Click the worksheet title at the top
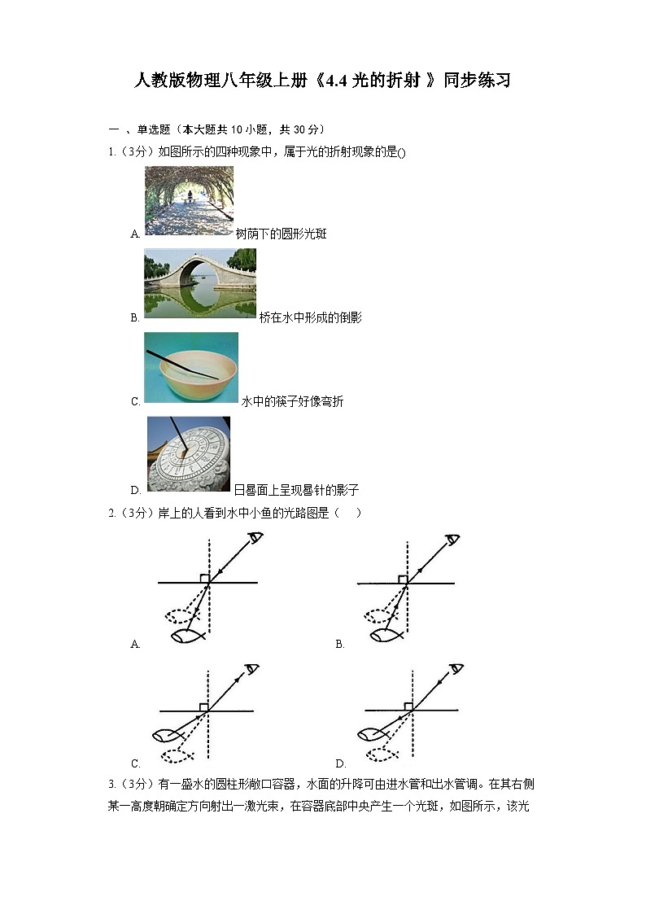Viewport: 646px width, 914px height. pyautogui.click(x=322, y=81)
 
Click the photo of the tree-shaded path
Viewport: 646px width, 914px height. pyautogui.click(x=189, y=200)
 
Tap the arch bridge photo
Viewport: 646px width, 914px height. pyautogui.click(x=200, y=283)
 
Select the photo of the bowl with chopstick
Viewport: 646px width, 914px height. pyautogui.click(x=191, y=368)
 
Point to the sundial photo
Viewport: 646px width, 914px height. pyautogui.click(x=189, y=454)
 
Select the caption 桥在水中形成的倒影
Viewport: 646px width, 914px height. pyautogui.click(x=310, y=318)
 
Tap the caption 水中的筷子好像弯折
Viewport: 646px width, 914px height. pyautogui.click(x=292, y=402)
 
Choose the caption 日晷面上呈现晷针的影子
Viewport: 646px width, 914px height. pyautogui.click(x=296, y=491)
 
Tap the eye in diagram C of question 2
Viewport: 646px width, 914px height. pyautogui.click(x=252, y=669)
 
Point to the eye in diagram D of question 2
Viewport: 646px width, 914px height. pyautogui.click(x=456, y=669)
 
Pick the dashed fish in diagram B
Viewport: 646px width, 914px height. pyautogui.click(x=380, y=615)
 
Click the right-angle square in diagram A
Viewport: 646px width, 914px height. pyautogui.click(x=205, y=579)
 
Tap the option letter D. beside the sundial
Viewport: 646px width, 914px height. pyautogui.click(x=136, y=491)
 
